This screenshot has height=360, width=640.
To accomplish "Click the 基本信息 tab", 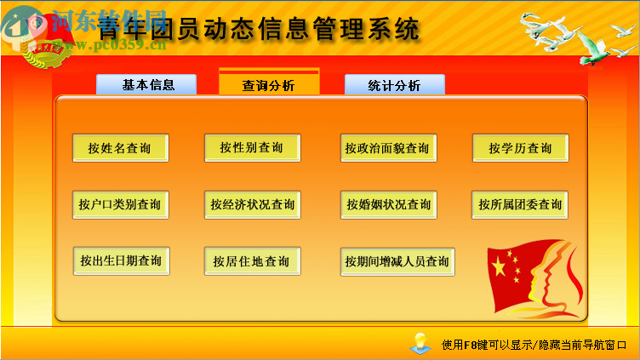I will (146, 85).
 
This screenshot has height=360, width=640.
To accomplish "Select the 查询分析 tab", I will (269, 85).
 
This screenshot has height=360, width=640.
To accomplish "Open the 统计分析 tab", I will (394, 85).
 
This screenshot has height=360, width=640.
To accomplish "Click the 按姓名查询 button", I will (120, 148).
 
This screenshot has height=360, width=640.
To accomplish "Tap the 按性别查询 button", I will (252, 148).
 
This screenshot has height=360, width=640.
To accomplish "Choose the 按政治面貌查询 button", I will (387, 148).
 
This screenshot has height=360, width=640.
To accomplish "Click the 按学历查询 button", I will (520, 148).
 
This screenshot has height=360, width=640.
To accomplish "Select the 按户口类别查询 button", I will (120, 204).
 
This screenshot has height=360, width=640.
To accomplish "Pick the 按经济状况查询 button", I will (253, 204).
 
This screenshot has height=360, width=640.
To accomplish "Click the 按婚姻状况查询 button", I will (388, 204).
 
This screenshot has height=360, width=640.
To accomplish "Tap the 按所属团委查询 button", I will (520, 204).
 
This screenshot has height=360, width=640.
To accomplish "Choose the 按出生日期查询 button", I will (121, 261).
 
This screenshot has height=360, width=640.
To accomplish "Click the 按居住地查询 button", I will (252, 261).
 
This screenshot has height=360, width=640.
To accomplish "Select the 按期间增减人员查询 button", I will (397, 261).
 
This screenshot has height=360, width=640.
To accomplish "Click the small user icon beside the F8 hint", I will (420, 343).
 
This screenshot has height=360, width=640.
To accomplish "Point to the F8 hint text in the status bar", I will (534, 345).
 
